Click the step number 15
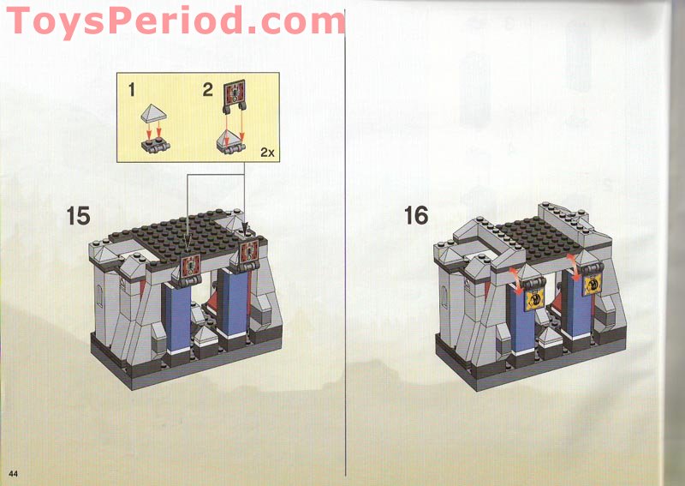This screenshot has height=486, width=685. pyautogui.click(x=78, y=215)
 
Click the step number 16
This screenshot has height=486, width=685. pyautogui.click(x=416, y=215)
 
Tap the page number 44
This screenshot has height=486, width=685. pyautogui.click(x=14, y=473)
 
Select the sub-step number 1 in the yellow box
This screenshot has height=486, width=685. pyautogui.click(x=132, y=88)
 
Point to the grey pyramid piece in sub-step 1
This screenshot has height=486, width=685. pyautogui.click(x=154, y=111)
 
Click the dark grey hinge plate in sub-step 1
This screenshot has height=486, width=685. pyautogui.click(x=153, y=145)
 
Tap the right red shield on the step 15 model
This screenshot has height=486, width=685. pyautogui.click(x=250, y=251)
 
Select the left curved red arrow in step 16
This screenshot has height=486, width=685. pyautogui.click(x=515, y=274)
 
